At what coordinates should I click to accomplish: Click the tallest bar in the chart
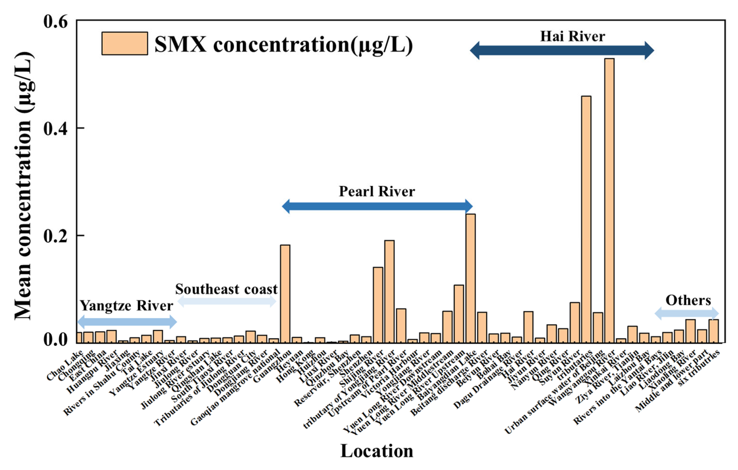[609, 199]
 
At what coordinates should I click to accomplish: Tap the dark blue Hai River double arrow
[562, 50]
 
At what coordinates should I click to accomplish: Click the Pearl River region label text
[377, 192]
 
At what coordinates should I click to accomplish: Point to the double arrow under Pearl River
[377, 206]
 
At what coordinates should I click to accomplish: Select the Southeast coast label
[226, 289]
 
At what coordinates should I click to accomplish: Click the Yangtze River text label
[127, 305]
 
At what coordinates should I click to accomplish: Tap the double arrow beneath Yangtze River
[127, 322]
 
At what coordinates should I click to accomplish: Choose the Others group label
[688, 300]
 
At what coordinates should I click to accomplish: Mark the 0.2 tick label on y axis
[55, 236]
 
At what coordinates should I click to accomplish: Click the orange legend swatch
[125, 44]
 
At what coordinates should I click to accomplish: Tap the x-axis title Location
[377, 451]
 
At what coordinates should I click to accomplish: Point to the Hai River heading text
[572, 37]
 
